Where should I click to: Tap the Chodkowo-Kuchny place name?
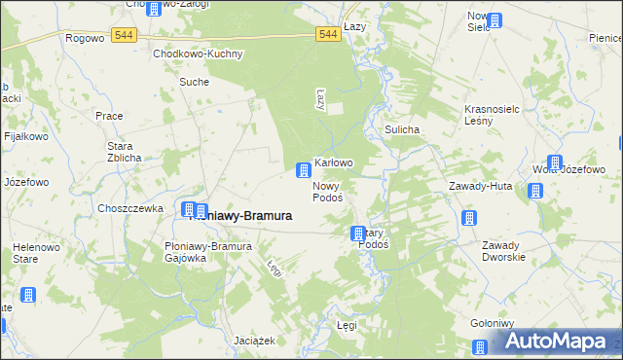point(198,54)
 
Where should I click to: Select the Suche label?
point(194,82)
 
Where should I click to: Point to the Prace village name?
point(109,115)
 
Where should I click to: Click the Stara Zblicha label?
point(124,152)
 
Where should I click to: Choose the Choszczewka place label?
point(129,208)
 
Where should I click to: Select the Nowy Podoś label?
point(326,192)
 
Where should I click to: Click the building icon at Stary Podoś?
point(357,234)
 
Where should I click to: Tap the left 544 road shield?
point(123,34)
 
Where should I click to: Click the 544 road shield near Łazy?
point(328,34)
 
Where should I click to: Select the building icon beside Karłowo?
point(304,171)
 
